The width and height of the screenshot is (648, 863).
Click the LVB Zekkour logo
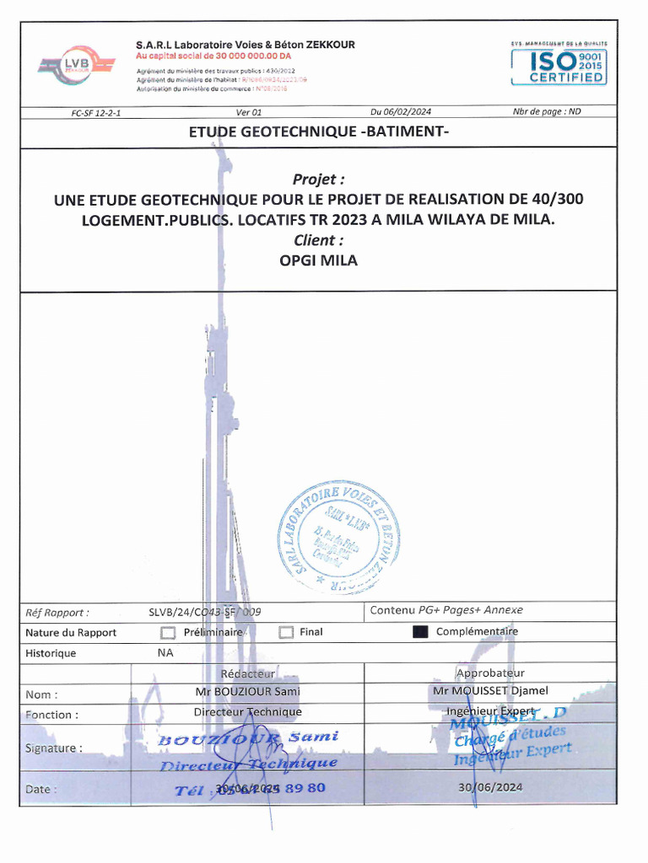pos(76,65)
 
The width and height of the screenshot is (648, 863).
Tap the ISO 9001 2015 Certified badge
pos(558,65)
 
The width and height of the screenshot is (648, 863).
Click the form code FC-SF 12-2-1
pos(96,112)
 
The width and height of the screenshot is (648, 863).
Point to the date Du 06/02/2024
pos(401,112)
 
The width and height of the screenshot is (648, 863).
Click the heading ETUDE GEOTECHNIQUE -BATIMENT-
pos(319,132)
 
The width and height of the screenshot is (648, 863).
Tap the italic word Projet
pos(318,180)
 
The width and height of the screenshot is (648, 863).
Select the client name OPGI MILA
pos(318,260)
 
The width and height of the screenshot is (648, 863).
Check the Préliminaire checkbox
pos(168,632)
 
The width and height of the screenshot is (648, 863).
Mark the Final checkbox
pos(286,632)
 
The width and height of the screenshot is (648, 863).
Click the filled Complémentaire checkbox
pos(420,632)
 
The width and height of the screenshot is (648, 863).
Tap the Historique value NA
pos(165,652)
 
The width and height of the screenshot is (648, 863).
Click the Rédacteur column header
pos(247,673)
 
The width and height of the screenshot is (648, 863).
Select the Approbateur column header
pos(490,673)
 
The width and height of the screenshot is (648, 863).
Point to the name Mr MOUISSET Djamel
pos(490,691)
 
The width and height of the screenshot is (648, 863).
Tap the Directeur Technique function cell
pos(247,712)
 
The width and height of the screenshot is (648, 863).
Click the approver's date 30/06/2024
pos(490,787)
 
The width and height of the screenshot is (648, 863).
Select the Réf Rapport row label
pos(57,613)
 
